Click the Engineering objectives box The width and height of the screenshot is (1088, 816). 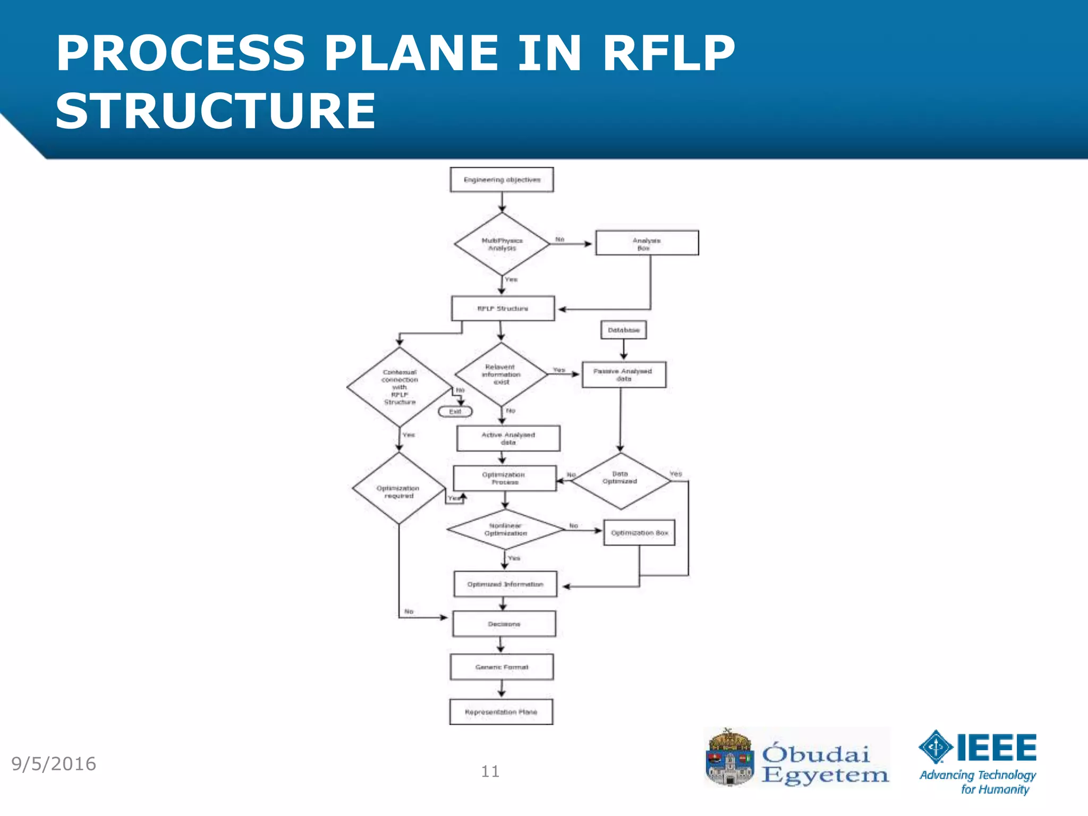pyautogui.click(x=501, y=180)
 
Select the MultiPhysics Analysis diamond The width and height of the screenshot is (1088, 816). pyautogui.click(x=501, y=244)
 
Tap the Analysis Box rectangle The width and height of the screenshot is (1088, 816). pyautogui.click(x=647, y=243)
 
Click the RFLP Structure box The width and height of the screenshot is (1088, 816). pyautogui.click(x=503, y=309)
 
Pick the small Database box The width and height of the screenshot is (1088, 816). pyautogui.click(x=623, y=330)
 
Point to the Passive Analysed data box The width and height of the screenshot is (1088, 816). pyautogui.click(x=623, y=375)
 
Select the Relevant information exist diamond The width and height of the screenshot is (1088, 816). pyautogui.click(x=501, y=375)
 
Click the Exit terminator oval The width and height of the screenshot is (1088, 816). pyautogui.click(x=455, y=412)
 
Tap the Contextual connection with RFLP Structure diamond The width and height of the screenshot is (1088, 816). pyautogui.click(x=399, y=387)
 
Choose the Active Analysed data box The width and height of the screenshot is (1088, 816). pyautogui.click(x=508, y=438)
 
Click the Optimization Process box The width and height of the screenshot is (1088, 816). pyautogui.click(x=504, y=478)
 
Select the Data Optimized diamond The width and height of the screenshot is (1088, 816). pyautogui.click(x=620, y=481)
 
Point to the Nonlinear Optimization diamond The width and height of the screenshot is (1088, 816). pyautogui.click(x=505, y=530)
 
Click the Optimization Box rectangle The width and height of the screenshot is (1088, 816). pyautogui.click(x=639, y=533)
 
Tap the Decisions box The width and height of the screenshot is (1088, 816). pyautogui.click(x=504, y=624)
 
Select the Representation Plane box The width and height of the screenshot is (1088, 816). pyautogui.click(x=501, y=712)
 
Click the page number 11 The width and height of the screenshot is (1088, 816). pyautogui.click(x=490, y=771)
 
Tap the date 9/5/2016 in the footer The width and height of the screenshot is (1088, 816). pyautogui.click(x=54, y=764)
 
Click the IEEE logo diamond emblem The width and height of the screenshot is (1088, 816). pyautogui.click(x=936, y=747)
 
